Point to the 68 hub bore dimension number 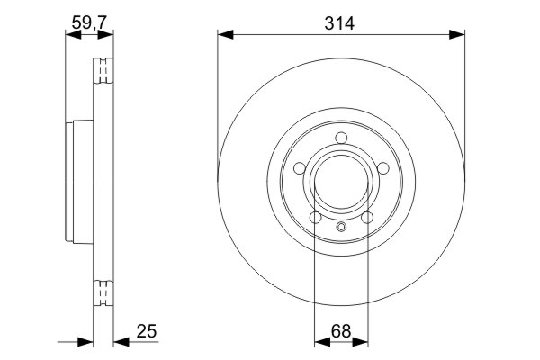click(340, 331)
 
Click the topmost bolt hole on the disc click(340, 138)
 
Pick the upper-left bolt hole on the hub click(300, 167)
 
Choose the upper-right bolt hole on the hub click(382, 167)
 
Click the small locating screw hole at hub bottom click(340, 226)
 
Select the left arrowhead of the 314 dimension click(224, 35)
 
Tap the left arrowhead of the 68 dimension click(320, 342)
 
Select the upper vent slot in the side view click(104, 71)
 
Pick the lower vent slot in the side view click(104, 295)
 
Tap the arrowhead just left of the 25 click(120, 342)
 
